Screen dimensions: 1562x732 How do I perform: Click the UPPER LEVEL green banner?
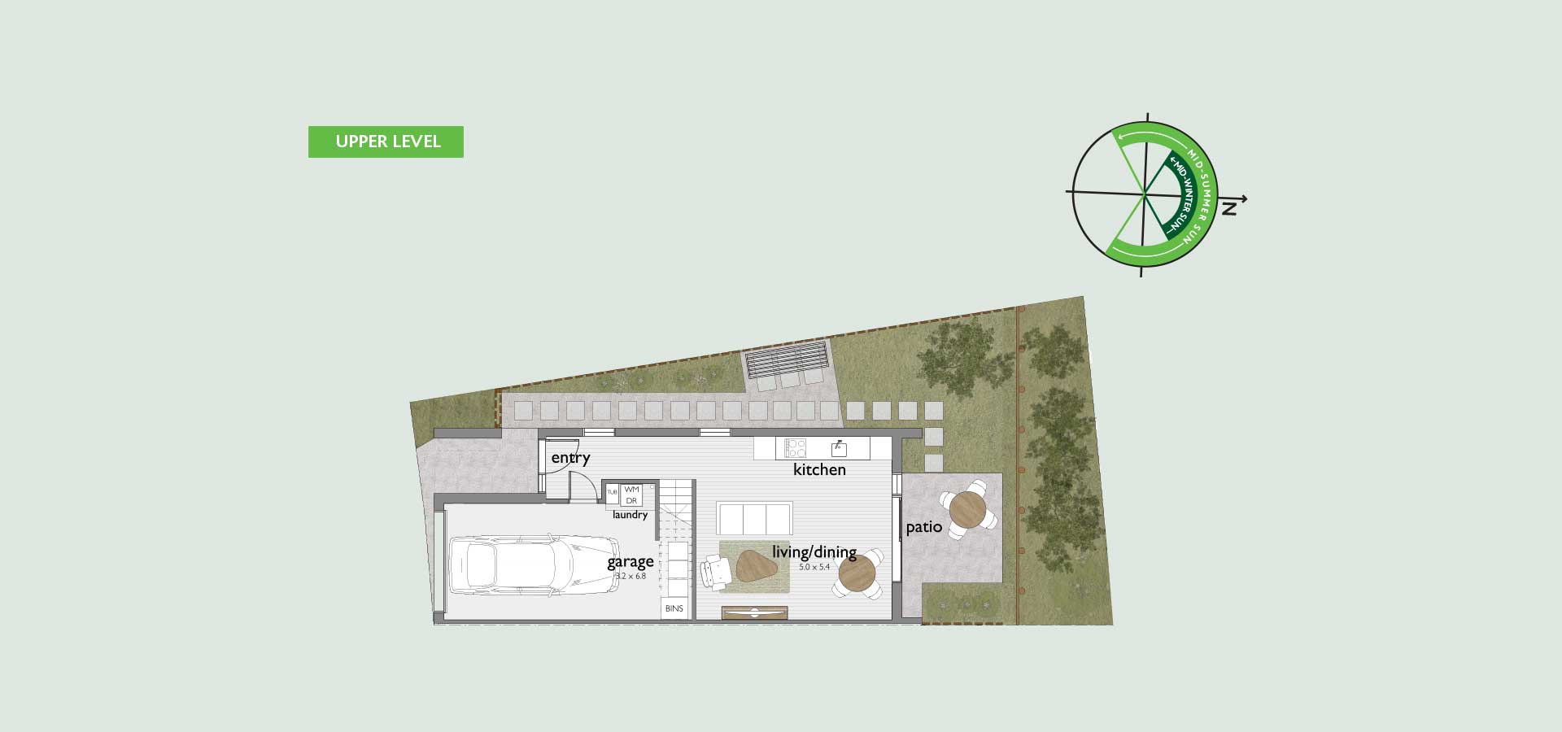386,142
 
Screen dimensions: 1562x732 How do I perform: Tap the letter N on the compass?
1229,209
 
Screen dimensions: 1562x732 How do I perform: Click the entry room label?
570,458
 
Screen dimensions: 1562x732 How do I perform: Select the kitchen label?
819,469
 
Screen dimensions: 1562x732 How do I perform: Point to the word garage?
630,562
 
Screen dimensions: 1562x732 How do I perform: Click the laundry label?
630,515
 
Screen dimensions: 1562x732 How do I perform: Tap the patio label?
924,527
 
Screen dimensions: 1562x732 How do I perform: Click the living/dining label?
814,552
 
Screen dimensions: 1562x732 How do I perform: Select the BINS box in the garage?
674,608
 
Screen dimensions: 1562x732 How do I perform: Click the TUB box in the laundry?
613,493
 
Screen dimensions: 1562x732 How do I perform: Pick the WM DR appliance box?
631,495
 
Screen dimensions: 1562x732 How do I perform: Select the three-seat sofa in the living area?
755,518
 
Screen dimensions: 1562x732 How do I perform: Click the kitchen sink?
840,448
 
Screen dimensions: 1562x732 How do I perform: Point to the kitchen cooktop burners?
795,448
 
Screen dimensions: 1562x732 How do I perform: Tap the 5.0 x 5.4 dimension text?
814,567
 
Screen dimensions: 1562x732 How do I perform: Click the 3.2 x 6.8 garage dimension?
630,577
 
